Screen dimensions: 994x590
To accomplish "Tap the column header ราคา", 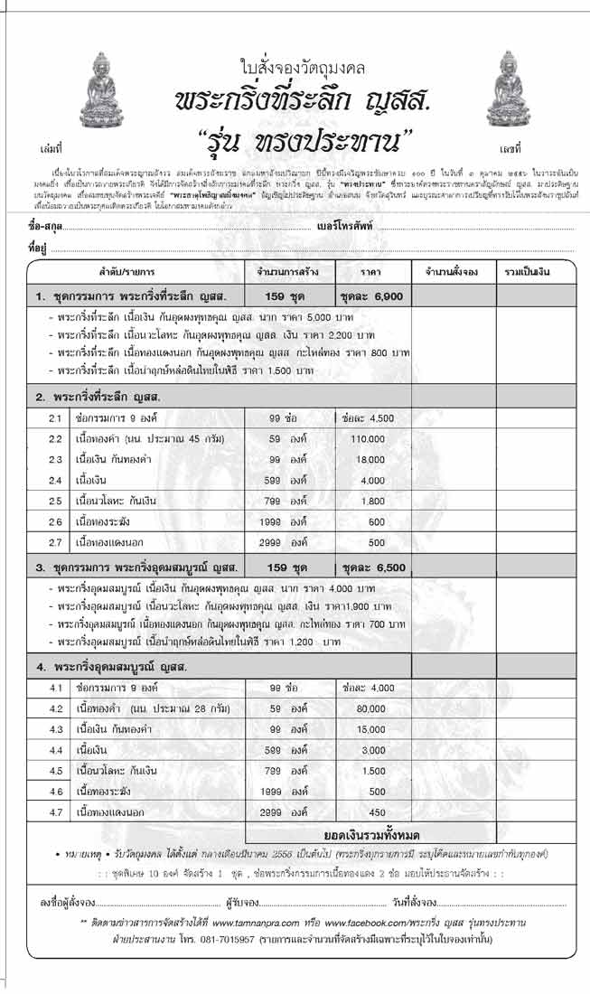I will [x=373, y=271].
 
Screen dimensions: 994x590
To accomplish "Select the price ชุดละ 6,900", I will [x=373, y=295].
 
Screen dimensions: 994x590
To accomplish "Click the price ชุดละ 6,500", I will [x=373, y=567].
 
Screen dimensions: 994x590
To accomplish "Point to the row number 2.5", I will [x=55, y=501].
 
